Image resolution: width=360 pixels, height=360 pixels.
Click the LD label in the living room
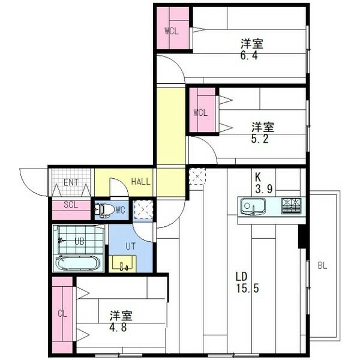(242, 276)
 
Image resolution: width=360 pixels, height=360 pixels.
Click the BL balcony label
(323, 265)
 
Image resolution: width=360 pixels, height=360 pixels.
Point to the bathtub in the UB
(79, 262)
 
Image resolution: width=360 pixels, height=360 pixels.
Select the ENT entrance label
(71, 182)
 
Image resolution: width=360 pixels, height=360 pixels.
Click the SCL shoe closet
(71, 205)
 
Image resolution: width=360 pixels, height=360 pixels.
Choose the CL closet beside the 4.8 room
(62, 313)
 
